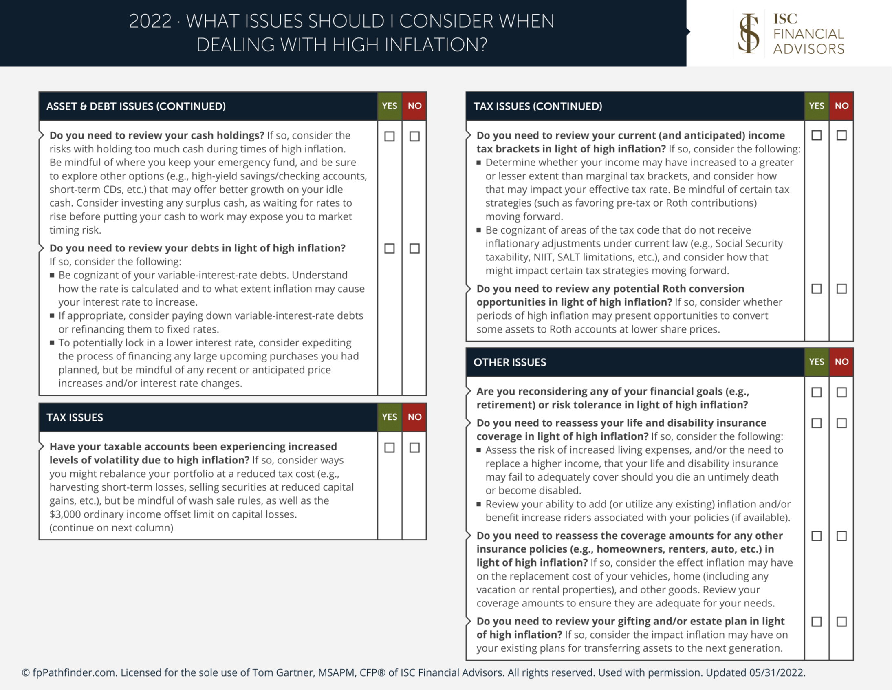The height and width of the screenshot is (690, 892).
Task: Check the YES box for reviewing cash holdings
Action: click(x=389, y=136)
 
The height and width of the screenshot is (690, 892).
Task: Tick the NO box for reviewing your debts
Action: click(x=414, y=248)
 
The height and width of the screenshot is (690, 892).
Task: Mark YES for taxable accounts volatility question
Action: click(x=389, y=448)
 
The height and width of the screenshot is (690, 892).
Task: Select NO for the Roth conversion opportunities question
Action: click(x=841, y=289)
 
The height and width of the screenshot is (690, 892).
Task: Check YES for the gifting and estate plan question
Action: click(x=816, y=622)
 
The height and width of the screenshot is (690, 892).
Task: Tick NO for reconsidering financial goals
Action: click(x=841, y=392)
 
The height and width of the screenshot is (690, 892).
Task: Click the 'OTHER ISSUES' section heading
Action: click(x=509, y=362)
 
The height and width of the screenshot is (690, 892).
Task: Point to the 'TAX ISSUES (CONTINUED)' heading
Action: click(x=537, y=106)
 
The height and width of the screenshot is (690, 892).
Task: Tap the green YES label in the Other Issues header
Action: click(x=816, y=362)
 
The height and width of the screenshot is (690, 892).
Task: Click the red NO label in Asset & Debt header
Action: click(x=414, y=106)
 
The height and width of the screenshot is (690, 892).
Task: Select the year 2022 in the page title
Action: click(x=150, y=21)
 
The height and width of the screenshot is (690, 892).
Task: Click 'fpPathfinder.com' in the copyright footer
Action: click(x=73, y=672)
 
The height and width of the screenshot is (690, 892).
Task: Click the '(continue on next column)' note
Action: click(x=111, y=527)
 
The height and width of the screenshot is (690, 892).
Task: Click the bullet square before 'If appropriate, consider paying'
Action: click(x=52, y=315)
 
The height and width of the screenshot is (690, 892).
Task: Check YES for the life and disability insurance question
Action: click(x=816, y=423)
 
